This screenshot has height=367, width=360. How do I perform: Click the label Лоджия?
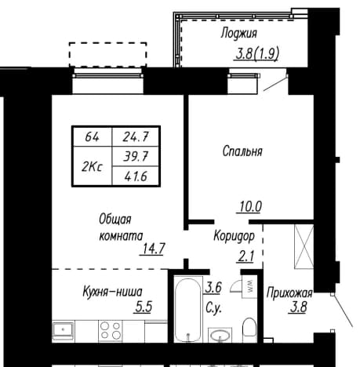238,34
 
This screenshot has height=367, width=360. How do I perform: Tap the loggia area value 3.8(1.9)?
257,54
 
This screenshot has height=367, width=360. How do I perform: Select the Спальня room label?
242,151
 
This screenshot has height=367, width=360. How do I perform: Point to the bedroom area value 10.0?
250,207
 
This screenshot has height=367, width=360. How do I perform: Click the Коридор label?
234,237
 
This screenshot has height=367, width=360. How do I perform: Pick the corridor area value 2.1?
246,256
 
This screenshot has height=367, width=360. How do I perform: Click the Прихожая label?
289,293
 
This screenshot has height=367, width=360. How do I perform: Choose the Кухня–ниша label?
113,292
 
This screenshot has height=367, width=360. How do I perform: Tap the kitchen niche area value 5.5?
144,307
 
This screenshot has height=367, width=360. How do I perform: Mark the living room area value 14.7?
153,249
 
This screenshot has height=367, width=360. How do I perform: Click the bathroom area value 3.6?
213,288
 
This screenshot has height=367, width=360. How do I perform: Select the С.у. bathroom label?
213,308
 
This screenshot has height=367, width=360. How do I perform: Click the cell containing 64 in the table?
93,137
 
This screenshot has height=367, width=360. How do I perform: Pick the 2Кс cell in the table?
93,166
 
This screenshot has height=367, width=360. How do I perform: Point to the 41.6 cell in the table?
136,176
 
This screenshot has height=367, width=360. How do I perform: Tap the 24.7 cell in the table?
136,137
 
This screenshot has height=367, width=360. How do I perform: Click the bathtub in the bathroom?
188,309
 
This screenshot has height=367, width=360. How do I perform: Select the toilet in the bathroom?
249,328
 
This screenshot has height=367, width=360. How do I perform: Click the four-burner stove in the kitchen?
111,330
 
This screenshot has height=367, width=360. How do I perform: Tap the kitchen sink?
64,330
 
